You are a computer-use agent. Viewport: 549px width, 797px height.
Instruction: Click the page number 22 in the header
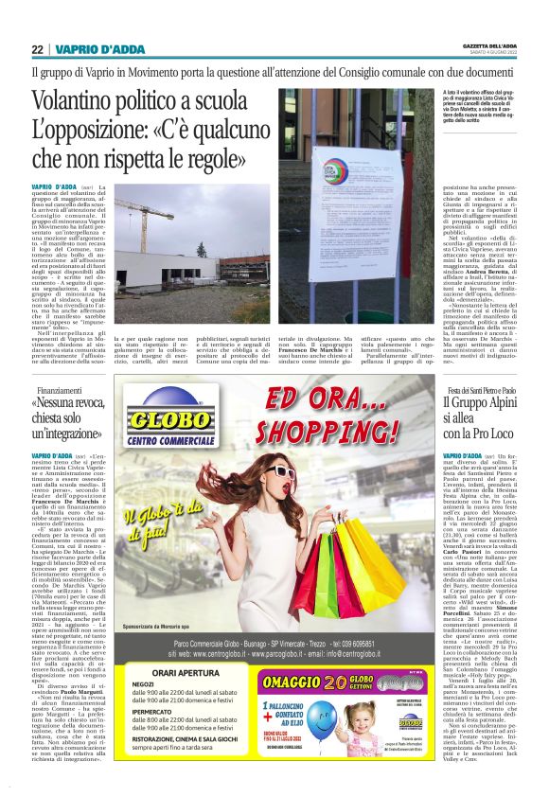point(37,49)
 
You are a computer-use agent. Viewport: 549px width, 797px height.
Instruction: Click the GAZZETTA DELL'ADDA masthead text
point(488,46)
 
